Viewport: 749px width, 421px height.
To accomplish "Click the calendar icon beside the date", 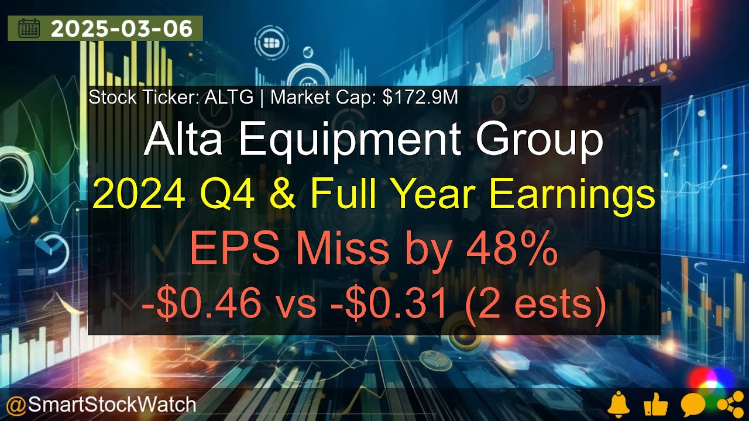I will click(29, 29).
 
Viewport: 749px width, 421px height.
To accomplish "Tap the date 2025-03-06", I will click(122, 29).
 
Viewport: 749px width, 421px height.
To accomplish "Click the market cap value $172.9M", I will click(420, 98).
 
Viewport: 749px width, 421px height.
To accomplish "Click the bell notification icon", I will click(619, 404).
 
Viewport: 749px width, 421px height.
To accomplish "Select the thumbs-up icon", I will click(655, 404).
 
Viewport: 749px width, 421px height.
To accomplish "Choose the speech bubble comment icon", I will click(692, 404).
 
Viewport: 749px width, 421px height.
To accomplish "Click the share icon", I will click(727, 404).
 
